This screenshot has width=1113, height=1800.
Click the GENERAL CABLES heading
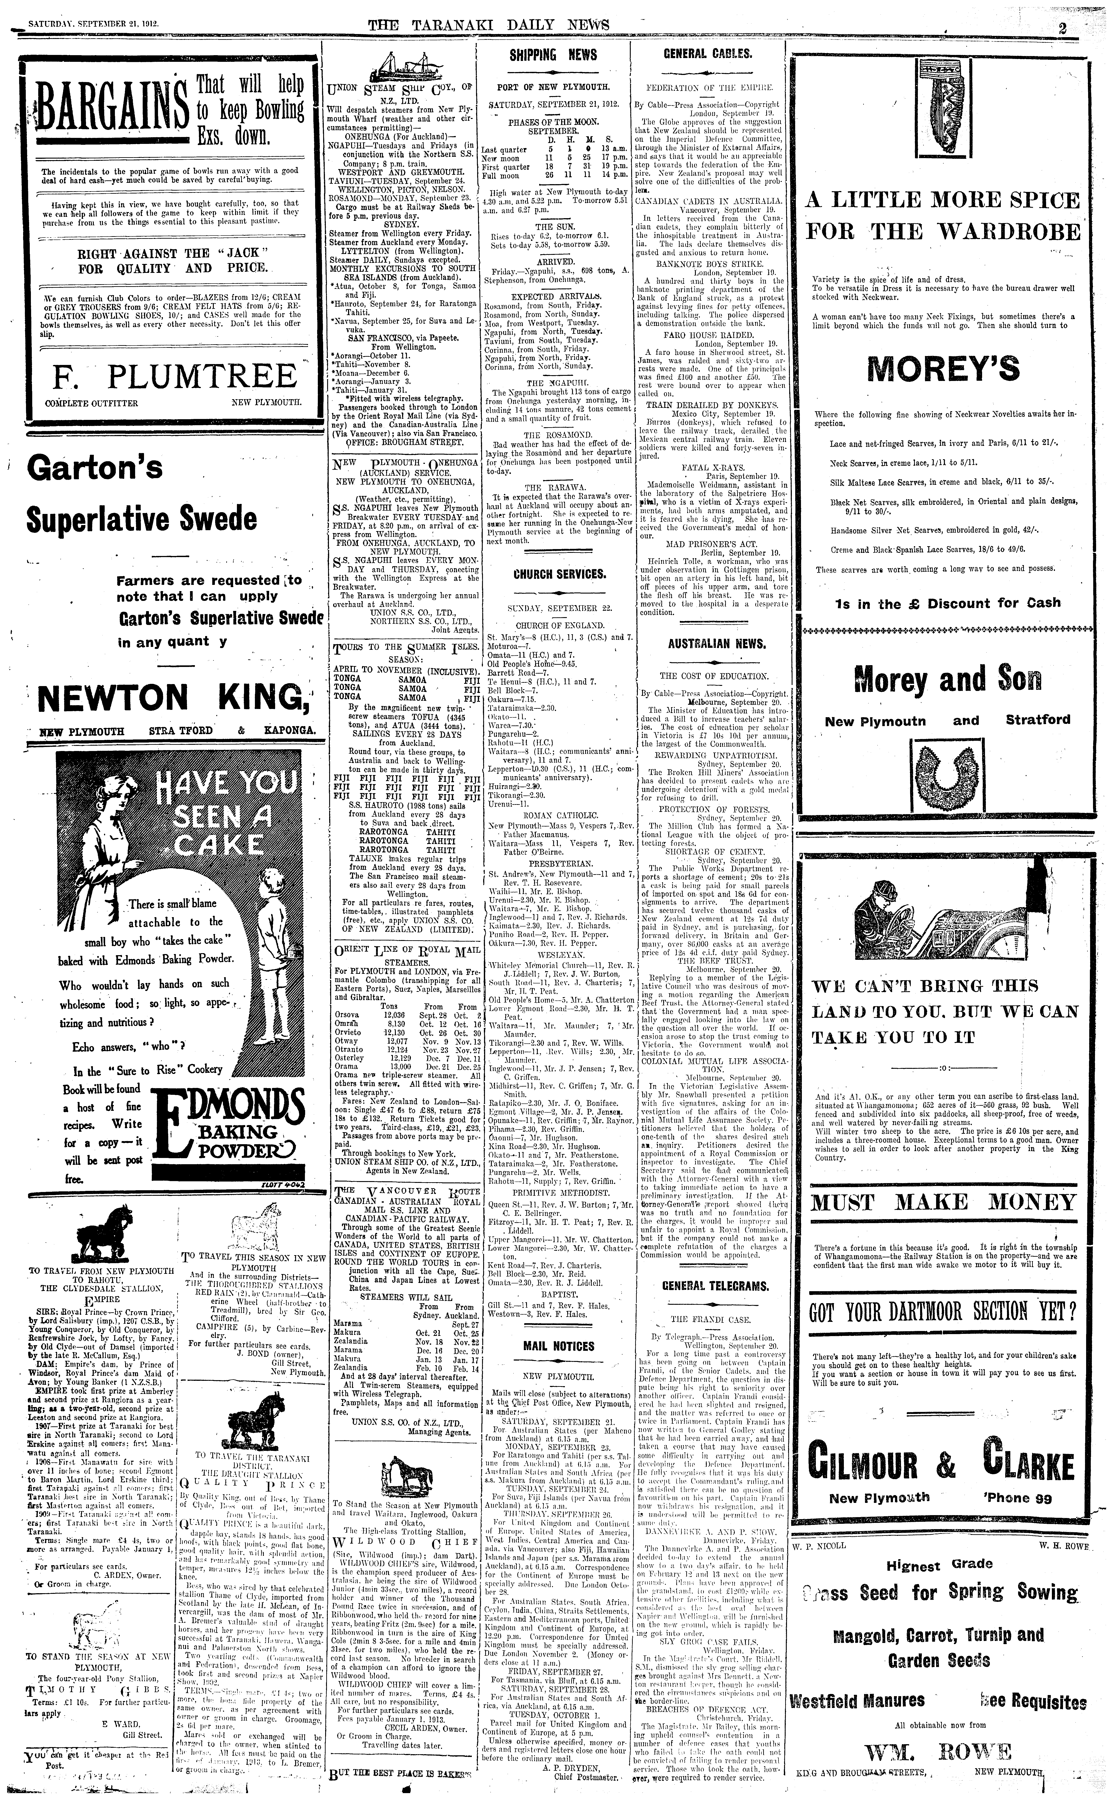click(x=707, y=54)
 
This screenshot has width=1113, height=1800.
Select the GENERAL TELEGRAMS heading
click(x=705, y=1286)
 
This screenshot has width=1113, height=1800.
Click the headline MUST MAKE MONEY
click(x=944, y=1203)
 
